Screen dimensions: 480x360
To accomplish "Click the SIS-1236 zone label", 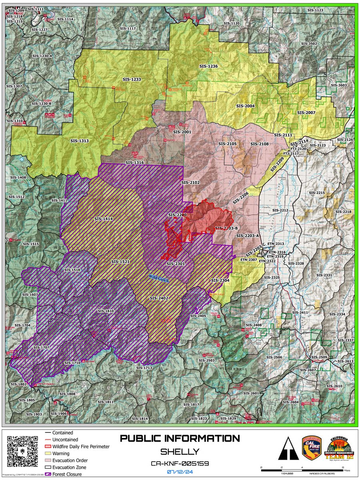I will [208, 66].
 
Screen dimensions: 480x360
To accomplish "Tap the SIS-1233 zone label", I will [131, 79].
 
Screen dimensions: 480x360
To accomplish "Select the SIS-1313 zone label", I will [79, 141].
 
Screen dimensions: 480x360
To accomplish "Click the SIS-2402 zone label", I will [159, 298].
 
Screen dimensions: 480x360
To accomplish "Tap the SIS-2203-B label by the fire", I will [226, 228].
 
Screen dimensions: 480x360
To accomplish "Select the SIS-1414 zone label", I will [104, 219].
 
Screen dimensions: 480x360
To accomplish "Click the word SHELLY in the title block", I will [180, 452].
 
